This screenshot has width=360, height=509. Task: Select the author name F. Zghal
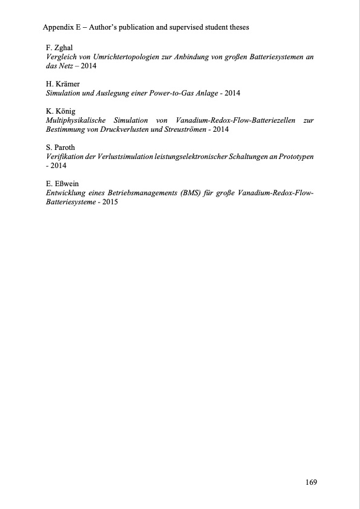(x=59, y=47)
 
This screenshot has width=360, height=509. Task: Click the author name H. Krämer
(x=63, y=83)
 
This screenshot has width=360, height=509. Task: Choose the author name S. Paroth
(x=61, y=148)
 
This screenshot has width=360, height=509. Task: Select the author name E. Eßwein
(x=62, y=184)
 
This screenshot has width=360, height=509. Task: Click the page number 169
(x=311, y=482)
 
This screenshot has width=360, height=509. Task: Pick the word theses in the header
(x=237, y=28)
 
